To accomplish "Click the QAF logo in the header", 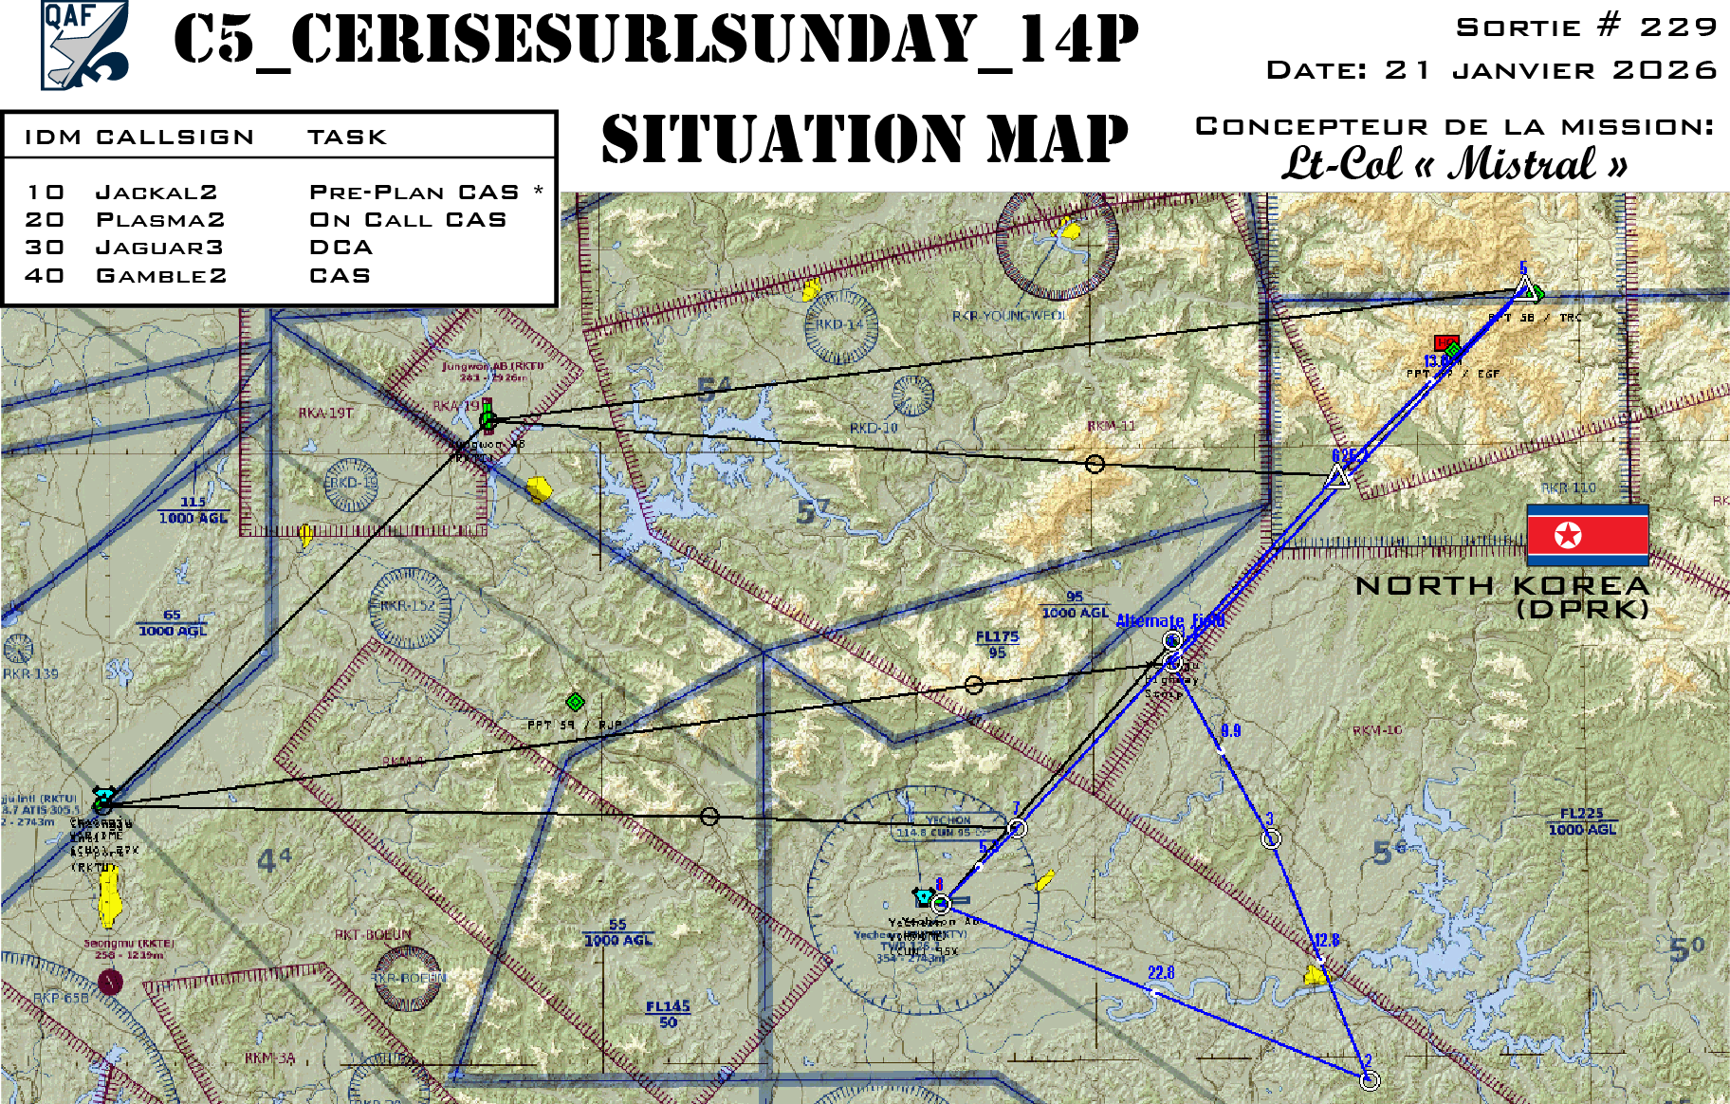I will [84, 46].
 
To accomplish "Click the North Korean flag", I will [1587, 535].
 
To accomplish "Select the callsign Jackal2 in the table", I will [156, 193].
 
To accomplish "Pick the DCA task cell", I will [341, 248].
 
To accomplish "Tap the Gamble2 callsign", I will [161, 276].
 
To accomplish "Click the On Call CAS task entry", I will [408, 220].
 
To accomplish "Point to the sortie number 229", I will [1678, 28].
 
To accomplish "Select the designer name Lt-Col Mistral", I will [1455, 163].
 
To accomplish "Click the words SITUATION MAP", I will [864, 139].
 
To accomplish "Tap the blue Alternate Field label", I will [1169, 621].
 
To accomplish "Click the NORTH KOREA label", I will [1502, 586].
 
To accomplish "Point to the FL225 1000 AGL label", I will [1582, 821].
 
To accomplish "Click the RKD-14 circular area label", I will [839, 324].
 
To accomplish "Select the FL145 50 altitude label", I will [668, 1014].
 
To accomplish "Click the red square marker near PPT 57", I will [1445, 342].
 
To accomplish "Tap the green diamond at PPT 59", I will [575, 702].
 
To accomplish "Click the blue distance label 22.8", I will [1161, 973].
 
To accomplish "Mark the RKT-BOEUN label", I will [373, 934].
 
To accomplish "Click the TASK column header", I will [347, 138].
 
